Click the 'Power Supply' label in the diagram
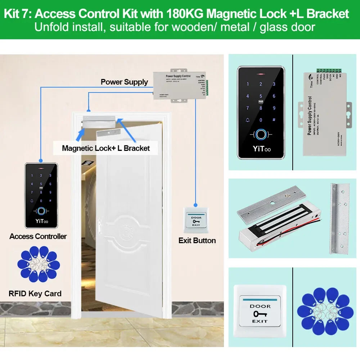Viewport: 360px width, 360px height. click(x=124, y=82)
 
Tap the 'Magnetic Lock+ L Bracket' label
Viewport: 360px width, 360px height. click(x=106, y=148)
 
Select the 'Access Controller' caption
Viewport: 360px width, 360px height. click(x=38, y=237)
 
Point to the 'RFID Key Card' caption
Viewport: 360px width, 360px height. click(x=35, y=294)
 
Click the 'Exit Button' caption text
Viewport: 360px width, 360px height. click(x=197, y=240)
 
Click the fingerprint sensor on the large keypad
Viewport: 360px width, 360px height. click(x=261, y=135)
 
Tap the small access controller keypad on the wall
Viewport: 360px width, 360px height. click(x=41, y=195)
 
